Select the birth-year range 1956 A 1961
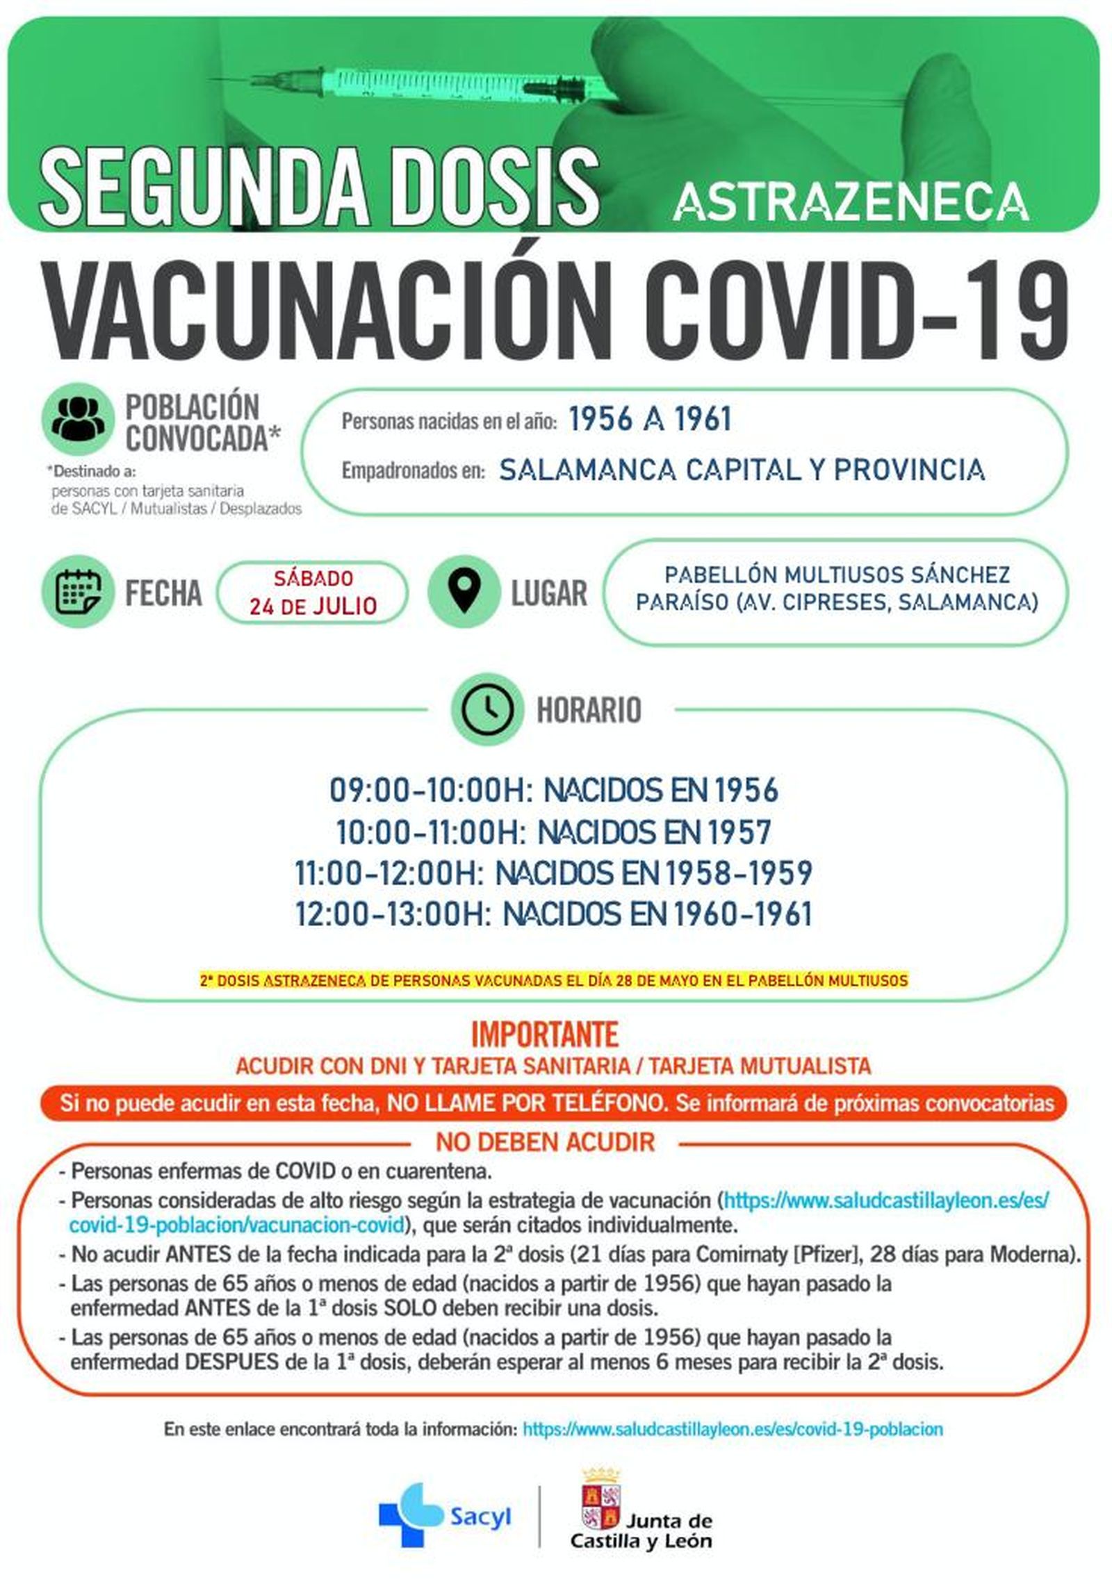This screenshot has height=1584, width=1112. tap(649, 420)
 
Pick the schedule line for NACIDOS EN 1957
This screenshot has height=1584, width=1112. tap(554, 832)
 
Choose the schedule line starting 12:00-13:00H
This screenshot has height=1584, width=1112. tap(554, 914)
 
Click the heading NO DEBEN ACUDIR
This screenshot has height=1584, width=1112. tap(545, 1141)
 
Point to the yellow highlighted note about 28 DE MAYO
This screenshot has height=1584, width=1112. tap(553, 981)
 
